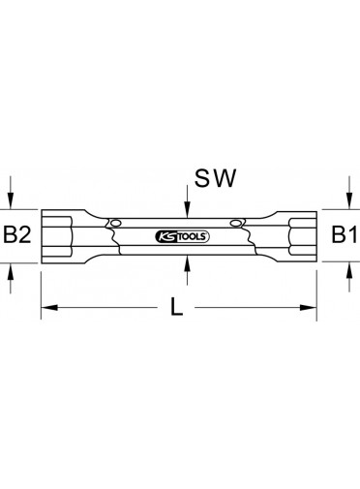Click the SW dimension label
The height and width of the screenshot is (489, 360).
pyautogui.click(x=215, y=178)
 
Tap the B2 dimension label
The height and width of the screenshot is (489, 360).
pyautogui.click(x=17, y=234)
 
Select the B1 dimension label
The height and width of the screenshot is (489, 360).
pyautogui.click(x=344, y=234)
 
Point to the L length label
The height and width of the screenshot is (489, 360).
pyautogui.click(x=176, y=307)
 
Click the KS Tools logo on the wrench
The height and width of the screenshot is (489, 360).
pyautogui.click(x=182, y=236)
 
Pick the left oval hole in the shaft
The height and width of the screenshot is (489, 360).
pyautogui.click(x=115, y=223)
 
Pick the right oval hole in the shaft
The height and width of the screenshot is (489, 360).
pyautogui.click(x=236, y=223)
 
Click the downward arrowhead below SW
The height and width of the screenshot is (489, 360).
pyautogui.click(x=188, y=209)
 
